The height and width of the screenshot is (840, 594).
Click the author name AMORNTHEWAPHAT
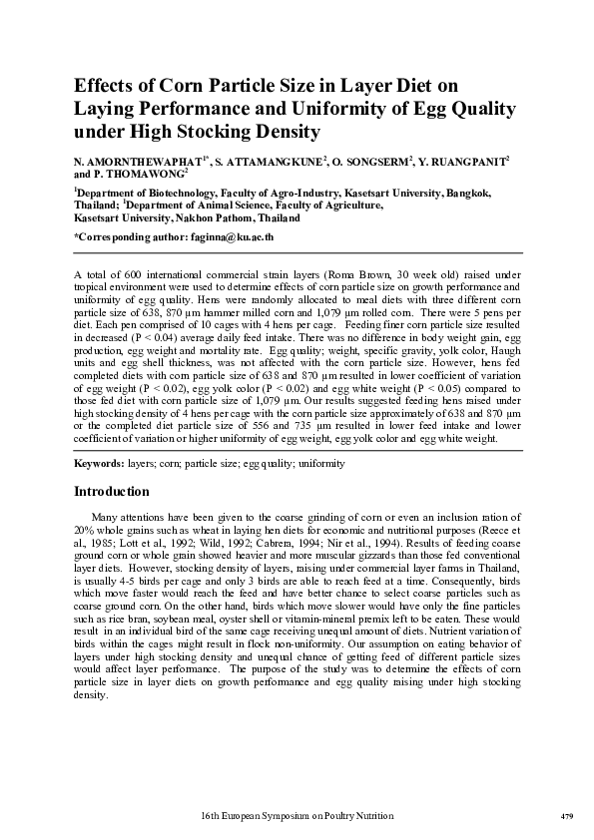(x=146, y=160)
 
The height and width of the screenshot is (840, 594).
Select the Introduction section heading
(x=112, y=492)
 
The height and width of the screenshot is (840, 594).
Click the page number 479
(x=566, y=816)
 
